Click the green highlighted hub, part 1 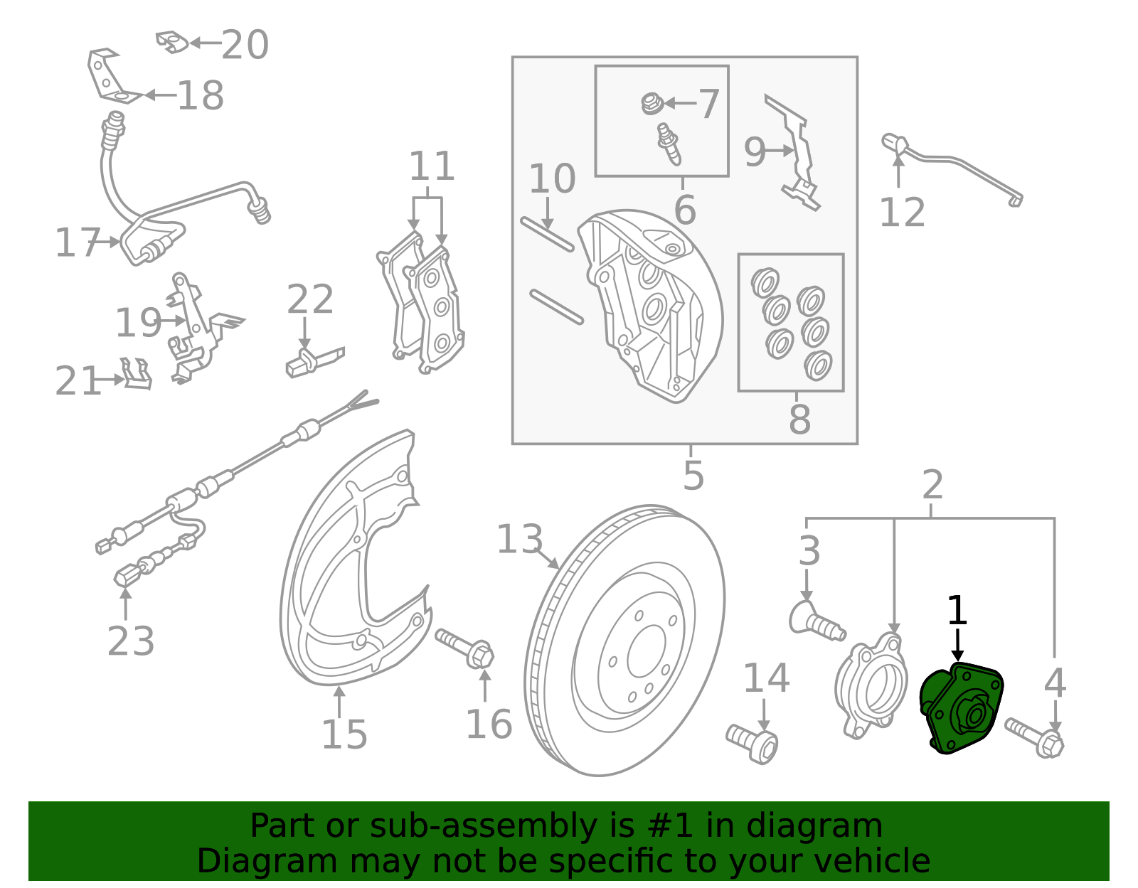[960, 708]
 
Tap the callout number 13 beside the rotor [519, 540]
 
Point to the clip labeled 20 [171, 41]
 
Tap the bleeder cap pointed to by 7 [651, 104]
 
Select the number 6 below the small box [684, 210]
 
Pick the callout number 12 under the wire [902, 213]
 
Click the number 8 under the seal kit [799, 419]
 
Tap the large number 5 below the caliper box [693, 476]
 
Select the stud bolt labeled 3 [815, 621]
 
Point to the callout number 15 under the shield [344, 734]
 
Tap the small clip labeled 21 [136, 374]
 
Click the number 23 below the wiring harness [131, 641]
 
